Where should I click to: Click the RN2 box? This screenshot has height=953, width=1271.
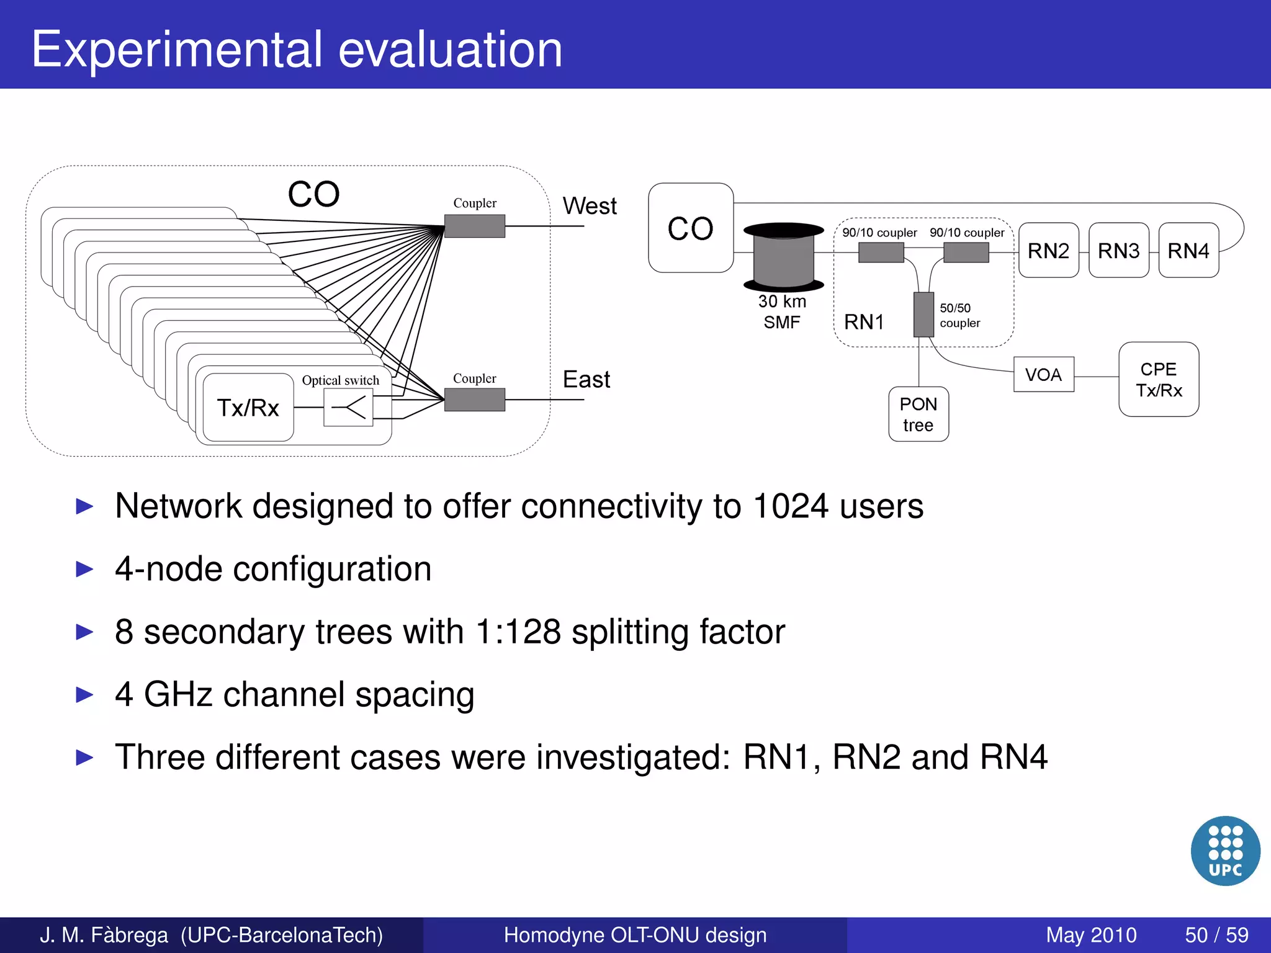(1048, 250)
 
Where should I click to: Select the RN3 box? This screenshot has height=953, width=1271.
(1118, 250)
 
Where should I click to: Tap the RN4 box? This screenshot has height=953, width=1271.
(1188, 250)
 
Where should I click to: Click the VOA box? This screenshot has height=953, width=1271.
(1043, 374)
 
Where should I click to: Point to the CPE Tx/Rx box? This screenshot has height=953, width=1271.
(1158, 379)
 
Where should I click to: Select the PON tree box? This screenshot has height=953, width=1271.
(918, 414)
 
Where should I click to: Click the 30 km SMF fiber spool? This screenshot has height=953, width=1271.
(783, 257)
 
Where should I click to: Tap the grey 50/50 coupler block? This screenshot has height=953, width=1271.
(923, 314)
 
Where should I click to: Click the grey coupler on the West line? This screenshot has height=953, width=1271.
(475, 226)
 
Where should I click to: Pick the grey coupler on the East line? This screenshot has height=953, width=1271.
(475, 400)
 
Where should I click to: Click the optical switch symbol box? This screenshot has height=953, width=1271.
(348, 408)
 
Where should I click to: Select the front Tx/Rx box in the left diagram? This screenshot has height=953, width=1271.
(248, 408)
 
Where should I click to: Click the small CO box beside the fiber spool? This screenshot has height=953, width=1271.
(690, 228)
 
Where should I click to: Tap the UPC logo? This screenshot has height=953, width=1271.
(1225, 850)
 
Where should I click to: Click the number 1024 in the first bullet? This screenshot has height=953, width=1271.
(790, 506)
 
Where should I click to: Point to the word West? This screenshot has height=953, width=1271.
(589, 206)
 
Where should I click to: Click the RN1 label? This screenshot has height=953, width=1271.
(864, 322)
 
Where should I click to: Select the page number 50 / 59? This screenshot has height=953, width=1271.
(1216, 934)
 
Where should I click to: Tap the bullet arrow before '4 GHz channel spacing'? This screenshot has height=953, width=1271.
(84, 694)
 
